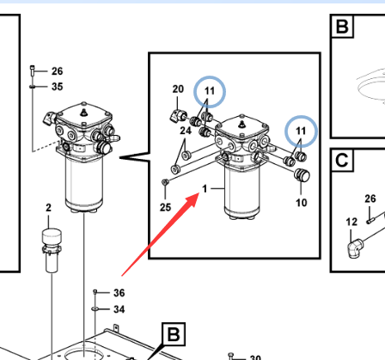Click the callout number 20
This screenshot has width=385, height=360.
pyautogui.click(x=178, y=89)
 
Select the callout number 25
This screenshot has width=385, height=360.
pyautogui.click(x=165, y=207)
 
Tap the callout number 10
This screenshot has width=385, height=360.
pyautogui.click(x=302, y=203)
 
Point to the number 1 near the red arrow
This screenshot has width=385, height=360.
pyautogui.click(x=205, y=189)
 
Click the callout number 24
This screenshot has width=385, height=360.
pyautogui.click(x=186, y=131)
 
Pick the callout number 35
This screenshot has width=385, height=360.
pyautogui.click(x=58, y=87)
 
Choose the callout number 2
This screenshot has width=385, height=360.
pyautogui.click(x=48, y=207)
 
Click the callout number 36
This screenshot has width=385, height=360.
pyautogui.click(x=119, y=293)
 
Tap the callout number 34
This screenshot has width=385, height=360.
pyautogui.click(x=119, y=309)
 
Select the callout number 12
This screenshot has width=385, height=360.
pyautogui.click(x=351, y=222)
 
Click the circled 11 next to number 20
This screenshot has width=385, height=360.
pyautogui.click(x=210, y=91)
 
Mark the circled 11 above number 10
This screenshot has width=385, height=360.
pyautogui.click(x=301, y=131)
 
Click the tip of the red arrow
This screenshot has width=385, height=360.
pyautogui.click(x=199, y=193)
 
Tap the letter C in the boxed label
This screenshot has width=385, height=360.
pyautogui.click(x=341, y=161)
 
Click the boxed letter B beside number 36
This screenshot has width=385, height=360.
pyautogui.click(x=174, y=334)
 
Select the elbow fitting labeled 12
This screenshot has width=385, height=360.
pyautogui.click(x=355, y=248)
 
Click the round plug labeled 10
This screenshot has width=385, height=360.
pyautogui.click(x=302, y=174)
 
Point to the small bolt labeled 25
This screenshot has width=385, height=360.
pyautogui.click(x=165, y=182)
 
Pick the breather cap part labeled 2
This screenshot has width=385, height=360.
pyautogui.click(x=52, y=249)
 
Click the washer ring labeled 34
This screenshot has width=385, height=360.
pyautogui.click(x=95, y=308)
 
